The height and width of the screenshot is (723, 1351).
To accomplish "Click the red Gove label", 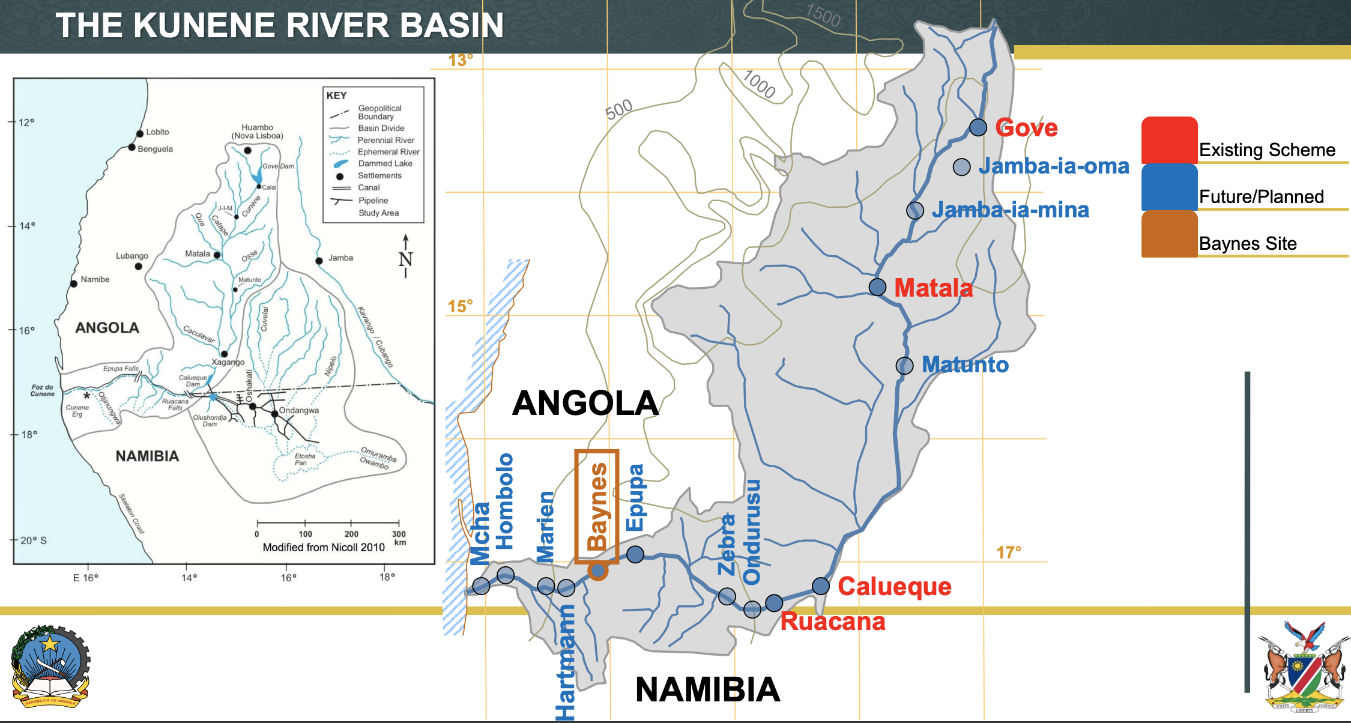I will [x=1026, y=128].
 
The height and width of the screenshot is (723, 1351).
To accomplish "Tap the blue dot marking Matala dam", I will [x=877, y=287].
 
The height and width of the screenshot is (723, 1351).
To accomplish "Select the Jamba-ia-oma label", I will [x=1054, y=166].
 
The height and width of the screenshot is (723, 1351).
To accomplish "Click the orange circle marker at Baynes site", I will [x=597, y=570].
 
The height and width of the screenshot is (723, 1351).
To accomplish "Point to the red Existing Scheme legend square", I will [x=1169, y=140].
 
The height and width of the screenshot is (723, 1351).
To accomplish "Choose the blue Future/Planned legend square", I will [x=1169, y=187].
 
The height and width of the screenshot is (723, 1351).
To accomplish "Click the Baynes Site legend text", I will [x=1248, y=243].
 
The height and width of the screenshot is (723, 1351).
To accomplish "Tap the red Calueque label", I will [x=894, y=586].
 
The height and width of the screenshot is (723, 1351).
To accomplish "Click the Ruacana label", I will [x=832, y=622].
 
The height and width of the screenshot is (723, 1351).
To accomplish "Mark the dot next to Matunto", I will [x=904, y=365].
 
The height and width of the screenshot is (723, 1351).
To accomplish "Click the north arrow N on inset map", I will [x=406, y=258].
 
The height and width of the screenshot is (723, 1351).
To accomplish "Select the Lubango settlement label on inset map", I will [x=131, y=256].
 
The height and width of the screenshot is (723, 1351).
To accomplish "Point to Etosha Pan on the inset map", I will [x=304, y=459].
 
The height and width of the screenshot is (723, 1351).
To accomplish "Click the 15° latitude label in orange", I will [x=460, y=306].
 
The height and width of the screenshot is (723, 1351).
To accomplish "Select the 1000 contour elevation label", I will [x=759, y=84].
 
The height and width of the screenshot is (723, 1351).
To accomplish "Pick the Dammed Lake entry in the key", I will [x=385, y=163].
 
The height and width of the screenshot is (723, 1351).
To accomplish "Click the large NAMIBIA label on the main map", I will [x=707, y=689].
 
